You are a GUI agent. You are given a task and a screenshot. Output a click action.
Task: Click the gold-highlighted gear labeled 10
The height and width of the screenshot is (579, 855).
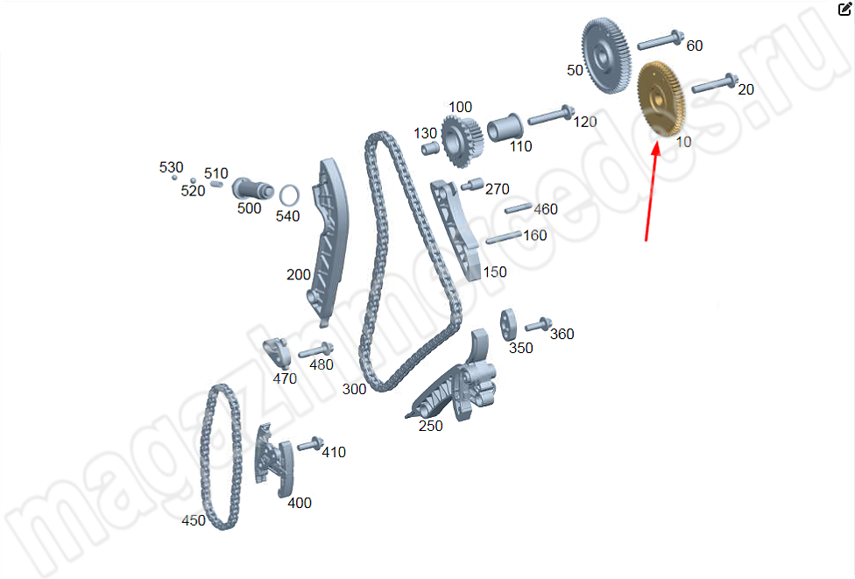point(661,98)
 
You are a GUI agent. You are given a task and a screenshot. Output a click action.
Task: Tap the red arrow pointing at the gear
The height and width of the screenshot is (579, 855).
point(651,190)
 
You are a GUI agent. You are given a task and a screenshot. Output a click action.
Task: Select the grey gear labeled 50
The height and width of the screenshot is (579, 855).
point(606,55)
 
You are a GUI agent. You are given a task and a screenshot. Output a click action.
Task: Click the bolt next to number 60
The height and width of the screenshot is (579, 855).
point(661,40)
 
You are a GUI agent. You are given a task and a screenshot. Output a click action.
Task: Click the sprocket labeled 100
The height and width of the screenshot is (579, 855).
point(462,142)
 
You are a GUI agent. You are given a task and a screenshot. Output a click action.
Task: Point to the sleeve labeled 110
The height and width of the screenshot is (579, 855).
point(505,128)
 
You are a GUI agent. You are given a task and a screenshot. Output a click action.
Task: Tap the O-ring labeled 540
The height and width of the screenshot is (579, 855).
point(289,195)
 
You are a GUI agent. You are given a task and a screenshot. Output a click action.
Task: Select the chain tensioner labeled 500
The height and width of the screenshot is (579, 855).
point(252,189)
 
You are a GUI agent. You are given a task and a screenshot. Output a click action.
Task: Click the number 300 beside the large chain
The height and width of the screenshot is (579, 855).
point(355,389)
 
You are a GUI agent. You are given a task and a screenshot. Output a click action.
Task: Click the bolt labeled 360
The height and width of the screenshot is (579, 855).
point(538,325)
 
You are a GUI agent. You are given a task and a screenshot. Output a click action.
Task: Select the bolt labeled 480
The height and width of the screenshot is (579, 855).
point(315,350)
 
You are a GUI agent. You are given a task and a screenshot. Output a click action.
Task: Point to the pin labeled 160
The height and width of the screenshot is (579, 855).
point(504,237)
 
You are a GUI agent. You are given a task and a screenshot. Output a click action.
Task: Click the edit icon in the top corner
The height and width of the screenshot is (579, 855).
point(844,9)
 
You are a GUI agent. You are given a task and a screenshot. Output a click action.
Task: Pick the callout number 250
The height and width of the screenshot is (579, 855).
point(431,426)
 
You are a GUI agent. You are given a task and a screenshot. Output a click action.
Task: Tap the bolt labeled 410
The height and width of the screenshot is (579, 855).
point(310,444)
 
